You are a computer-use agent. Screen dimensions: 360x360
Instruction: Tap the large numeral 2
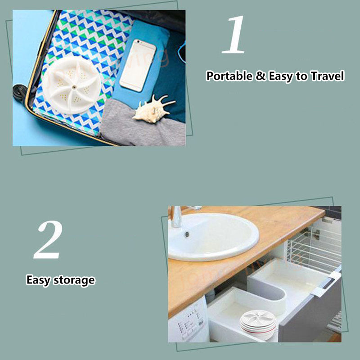[x=48, y=239]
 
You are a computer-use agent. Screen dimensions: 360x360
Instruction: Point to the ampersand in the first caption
[x=261, y=76]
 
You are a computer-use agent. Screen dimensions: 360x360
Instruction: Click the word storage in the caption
[x=74, y=280]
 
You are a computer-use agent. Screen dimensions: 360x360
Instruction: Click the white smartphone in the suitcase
[x=138, y=65]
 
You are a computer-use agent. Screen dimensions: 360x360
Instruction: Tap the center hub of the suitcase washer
[x=74, y=87]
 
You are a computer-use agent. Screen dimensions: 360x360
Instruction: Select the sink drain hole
[x=187, y=234]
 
